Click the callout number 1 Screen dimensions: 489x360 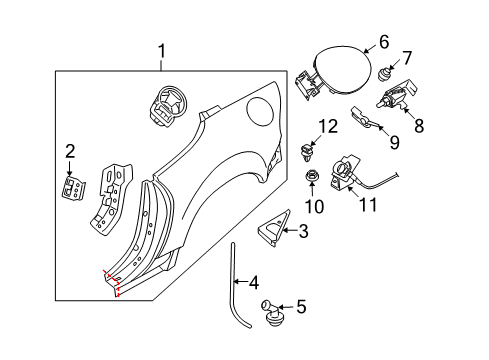click(x=162, y=52)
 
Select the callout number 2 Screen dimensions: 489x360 click(x=70, y=151)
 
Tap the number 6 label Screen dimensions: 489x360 click(x=384, y=43)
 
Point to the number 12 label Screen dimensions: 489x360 click(x=328, y=127)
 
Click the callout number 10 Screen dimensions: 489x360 click(x=314, y=206)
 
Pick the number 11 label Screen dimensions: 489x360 click(x=368, y=204)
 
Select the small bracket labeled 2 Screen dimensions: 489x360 click(x=73, y=188)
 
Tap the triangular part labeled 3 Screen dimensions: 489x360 click(x=274, y=229)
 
